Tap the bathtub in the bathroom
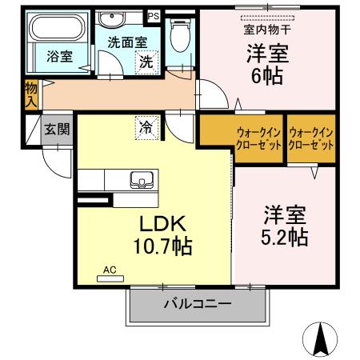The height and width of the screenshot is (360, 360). (x=54, y=31)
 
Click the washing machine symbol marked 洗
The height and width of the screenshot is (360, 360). (x=146, y=61)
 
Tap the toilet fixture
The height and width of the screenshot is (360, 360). (x=181, y=36)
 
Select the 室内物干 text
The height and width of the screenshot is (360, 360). (x=267, y=30)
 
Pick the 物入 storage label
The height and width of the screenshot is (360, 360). (x=31, y=94)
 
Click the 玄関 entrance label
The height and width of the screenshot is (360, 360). (x=55, y=130)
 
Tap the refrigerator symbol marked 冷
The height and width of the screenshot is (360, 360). (x=146, y=126)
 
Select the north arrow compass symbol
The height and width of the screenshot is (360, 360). (x=320, y=338)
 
